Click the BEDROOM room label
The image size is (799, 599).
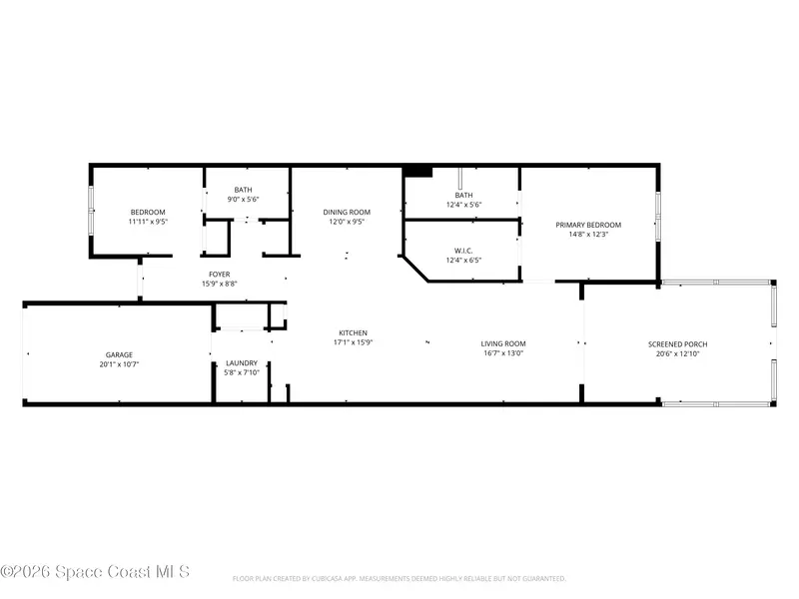tap(148, 212)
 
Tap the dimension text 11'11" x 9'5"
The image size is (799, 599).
tap(148, 222)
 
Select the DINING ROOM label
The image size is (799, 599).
tap(347, 212)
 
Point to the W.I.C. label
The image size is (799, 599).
tap(463, 251)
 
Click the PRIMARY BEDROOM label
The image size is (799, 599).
tap(588, 225)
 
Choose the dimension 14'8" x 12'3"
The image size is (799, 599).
tap(588, 235)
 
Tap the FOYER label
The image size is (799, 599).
tap(219, 274)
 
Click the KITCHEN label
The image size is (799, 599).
tap(354, 332)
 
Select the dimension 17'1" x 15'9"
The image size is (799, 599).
tap(354, 342)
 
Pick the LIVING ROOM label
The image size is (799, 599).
tap(503, 343)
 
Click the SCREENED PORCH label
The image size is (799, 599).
tap(677, 344)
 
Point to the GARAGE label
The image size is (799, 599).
tap(119, 354)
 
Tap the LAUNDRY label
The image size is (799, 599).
tap(242, 363)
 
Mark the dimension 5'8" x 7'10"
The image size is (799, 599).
tap(242, 372)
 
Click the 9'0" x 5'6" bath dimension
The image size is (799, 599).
tap(243, 199)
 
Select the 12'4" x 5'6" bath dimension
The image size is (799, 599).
tap(463, 205)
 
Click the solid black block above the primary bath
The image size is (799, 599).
tap(417, 172)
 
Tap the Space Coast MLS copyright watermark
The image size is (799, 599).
tap(95, 572)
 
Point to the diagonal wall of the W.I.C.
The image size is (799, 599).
tap(415, 269)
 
